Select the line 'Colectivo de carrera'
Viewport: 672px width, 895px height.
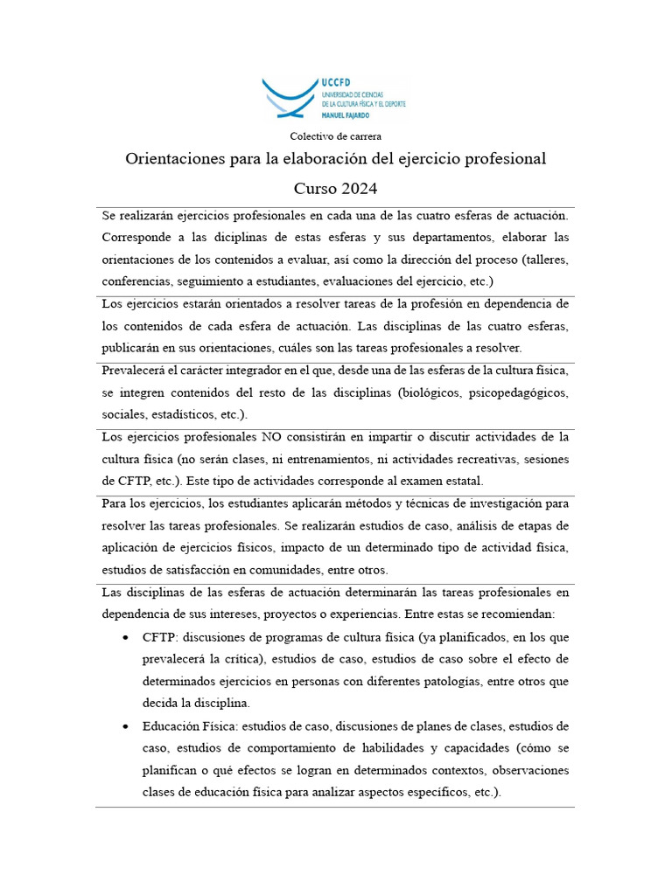pos(335,136)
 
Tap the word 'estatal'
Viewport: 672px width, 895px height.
pos(461,482)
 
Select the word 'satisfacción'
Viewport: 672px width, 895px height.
pos(178,571)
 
